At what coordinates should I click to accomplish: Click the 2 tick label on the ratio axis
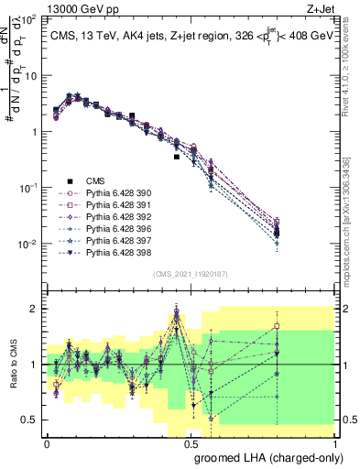[x=34, y=309]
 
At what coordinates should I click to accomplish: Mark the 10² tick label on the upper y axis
[x=29, y=18]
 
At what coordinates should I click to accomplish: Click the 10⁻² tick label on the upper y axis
[x=29, y=244]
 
